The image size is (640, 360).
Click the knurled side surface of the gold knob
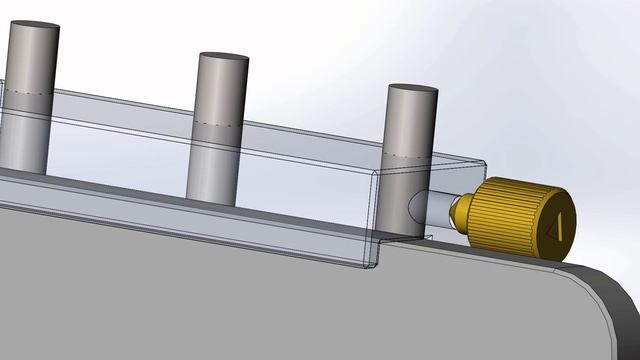pyautogui.click(x=505, y=217)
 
